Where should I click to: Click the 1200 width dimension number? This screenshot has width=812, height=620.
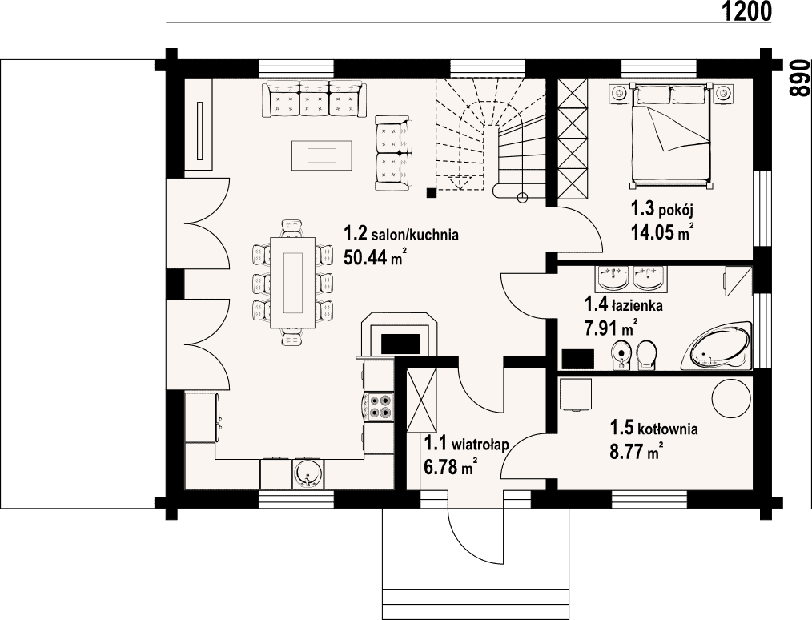pyautogui.click(x=746, y=11)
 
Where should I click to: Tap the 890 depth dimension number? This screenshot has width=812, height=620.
pyautogui.click(x=799, y=78)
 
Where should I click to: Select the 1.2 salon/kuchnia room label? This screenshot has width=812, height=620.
pyautogui.click(x=401, y=234)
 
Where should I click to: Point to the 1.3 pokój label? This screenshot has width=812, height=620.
pyautogui.click(x=661, y=210)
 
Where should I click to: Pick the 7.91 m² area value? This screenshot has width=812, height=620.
pyautogui.click(x=610, y=328)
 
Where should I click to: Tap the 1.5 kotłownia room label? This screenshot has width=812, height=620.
pyautogui.click(x=653, y=429)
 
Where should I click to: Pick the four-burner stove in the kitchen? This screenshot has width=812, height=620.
pyautogui.click(x=379, y=406)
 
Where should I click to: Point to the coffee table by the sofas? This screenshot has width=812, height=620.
pyautogui.click(x=322, y=155)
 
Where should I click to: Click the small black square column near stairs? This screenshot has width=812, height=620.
pyautogui.click(x=431, y=193)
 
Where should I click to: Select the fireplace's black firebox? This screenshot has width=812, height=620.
pyautogui.click(x=400, y=344)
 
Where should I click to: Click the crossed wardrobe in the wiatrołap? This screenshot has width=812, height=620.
pyautogui.click(x=422, y=400)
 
